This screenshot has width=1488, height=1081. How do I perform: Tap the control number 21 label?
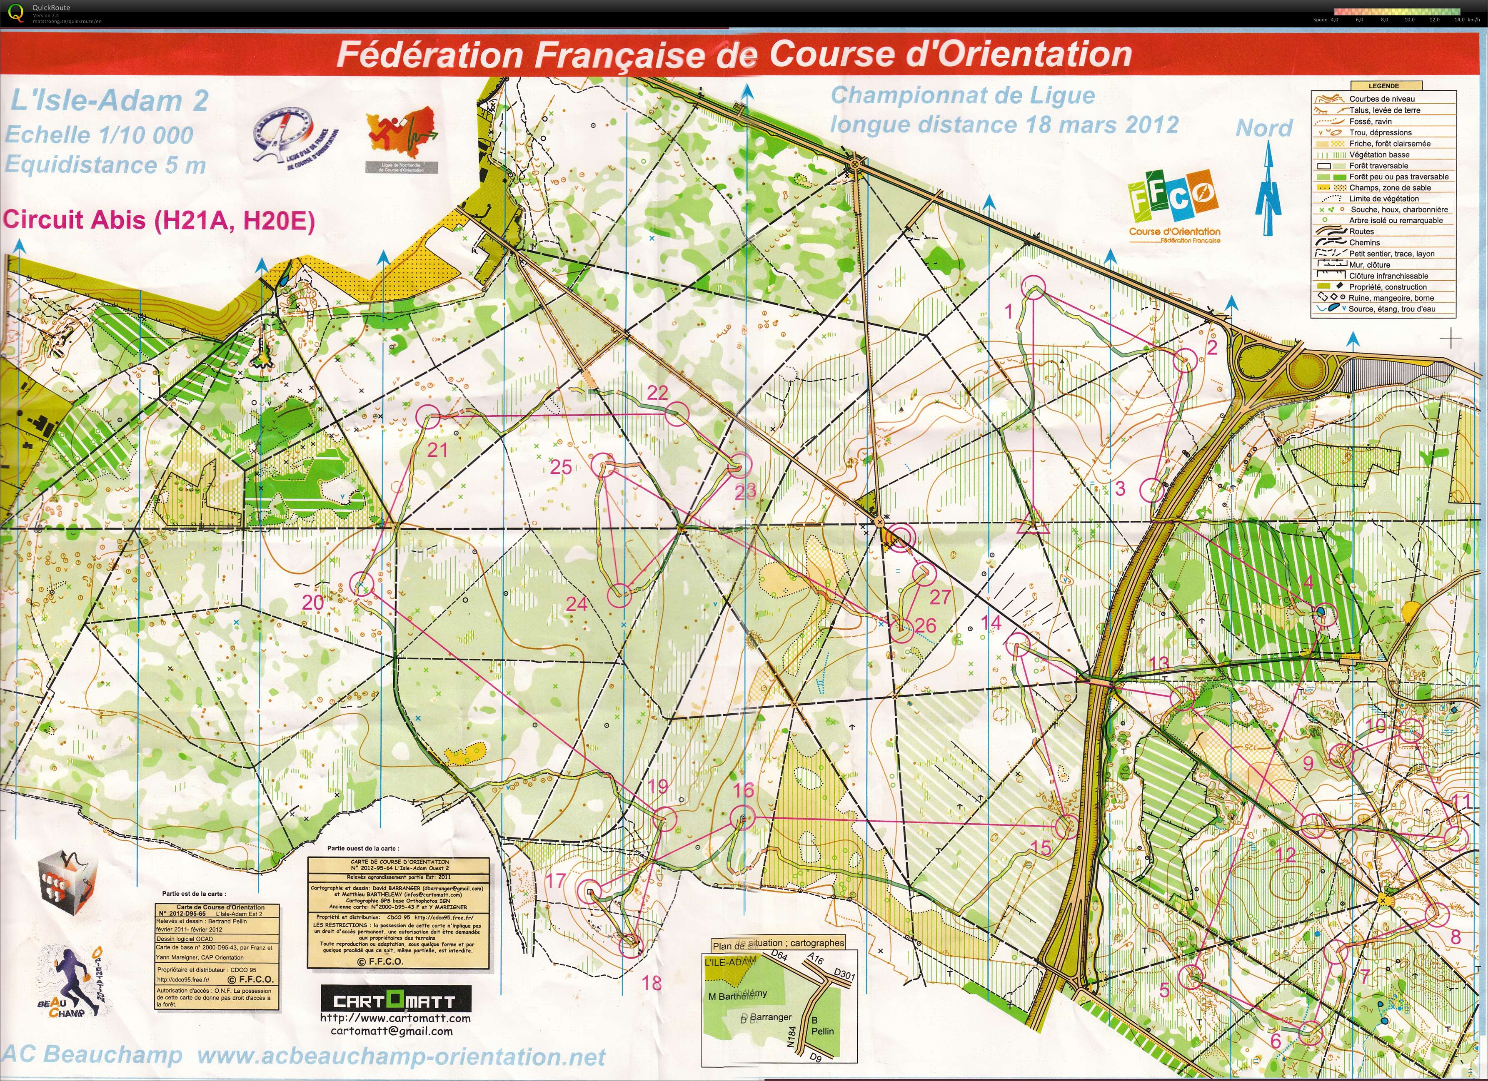pos(437,450)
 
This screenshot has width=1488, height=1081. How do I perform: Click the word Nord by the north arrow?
pos(1263,129)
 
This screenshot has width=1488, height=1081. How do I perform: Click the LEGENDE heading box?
pos(1378,86)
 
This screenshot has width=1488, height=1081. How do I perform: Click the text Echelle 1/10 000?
pos(100,135)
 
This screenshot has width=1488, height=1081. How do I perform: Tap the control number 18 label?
pos(652,983)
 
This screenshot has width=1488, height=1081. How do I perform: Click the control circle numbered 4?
pos(1324,614)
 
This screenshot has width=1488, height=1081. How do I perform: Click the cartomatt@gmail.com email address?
pos(391,1031)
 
